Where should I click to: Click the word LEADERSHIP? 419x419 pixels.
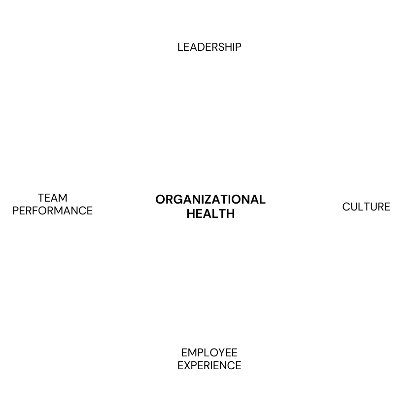coord(209,47)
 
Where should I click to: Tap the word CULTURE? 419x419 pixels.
coord(366,207)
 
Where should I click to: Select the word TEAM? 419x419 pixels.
coord(52,198)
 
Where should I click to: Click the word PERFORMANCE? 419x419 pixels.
coord(52,211)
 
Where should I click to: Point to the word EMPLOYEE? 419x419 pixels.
coord(209,353)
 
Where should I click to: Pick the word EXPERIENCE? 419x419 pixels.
coord(209,366)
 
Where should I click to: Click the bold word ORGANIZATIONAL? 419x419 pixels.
coord(210,200)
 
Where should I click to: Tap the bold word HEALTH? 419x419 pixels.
coord(210,214)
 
